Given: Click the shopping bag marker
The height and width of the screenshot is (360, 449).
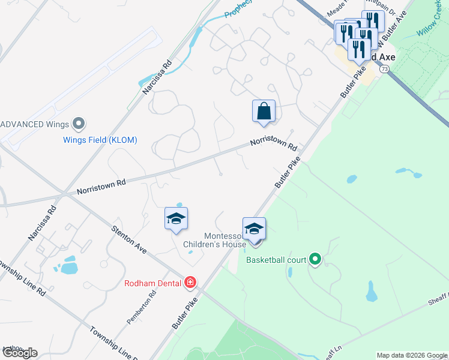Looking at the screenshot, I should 264,112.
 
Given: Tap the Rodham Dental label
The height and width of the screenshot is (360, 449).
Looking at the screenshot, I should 154,283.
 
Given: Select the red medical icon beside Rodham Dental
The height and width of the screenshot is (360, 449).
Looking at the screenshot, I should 190,282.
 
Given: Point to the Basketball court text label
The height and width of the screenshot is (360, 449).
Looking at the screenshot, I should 276,260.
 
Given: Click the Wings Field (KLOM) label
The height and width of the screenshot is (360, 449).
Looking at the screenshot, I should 100,140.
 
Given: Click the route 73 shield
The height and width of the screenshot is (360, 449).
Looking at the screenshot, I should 384,70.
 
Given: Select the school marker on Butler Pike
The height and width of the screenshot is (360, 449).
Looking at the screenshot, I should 254,230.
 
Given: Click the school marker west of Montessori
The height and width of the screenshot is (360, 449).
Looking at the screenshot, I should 176,220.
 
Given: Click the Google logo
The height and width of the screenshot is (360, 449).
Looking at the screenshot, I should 20,353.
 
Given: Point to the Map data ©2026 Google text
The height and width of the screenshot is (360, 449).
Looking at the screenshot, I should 412,355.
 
